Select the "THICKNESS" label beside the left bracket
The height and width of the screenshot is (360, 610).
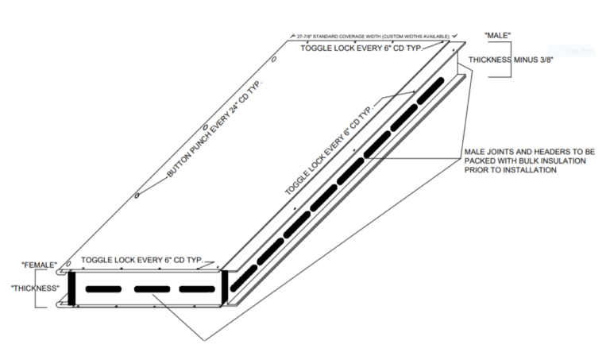click(36, 288)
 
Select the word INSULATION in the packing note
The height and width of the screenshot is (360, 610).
click(564, 161)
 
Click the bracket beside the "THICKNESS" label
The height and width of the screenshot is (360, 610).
click(62, 288)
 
